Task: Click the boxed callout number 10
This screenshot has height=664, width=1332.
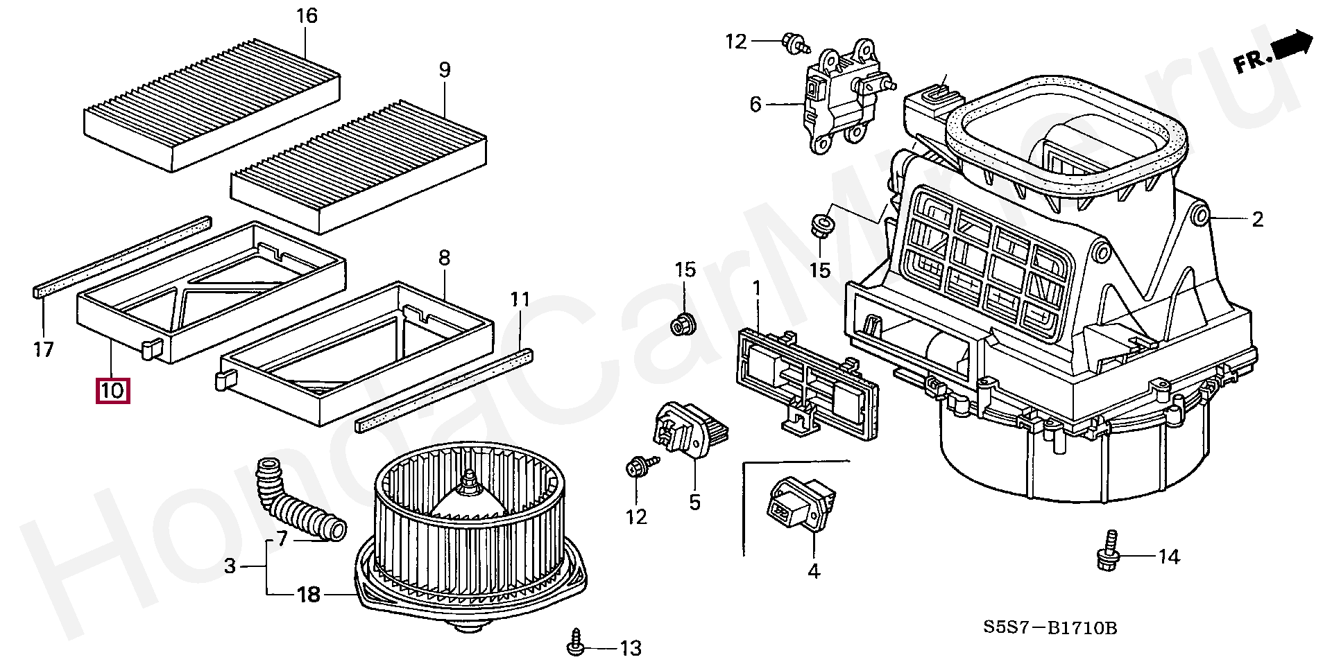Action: pos(112,391)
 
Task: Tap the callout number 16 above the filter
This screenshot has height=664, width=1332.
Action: pos(307,16)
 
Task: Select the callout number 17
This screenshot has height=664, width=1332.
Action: pos(44,349)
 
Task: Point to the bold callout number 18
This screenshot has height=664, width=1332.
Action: pos(309,595)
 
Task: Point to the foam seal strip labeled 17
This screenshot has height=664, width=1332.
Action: pos(122,256)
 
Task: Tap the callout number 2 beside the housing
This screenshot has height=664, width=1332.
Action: pos(1258,220)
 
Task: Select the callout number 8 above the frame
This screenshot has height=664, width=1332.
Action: pos(444,258)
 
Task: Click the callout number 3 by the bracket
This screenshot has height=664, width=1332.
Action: pos(230,566)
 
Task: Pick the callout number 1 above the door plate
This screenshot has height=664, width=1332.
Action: pos(756,287)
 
